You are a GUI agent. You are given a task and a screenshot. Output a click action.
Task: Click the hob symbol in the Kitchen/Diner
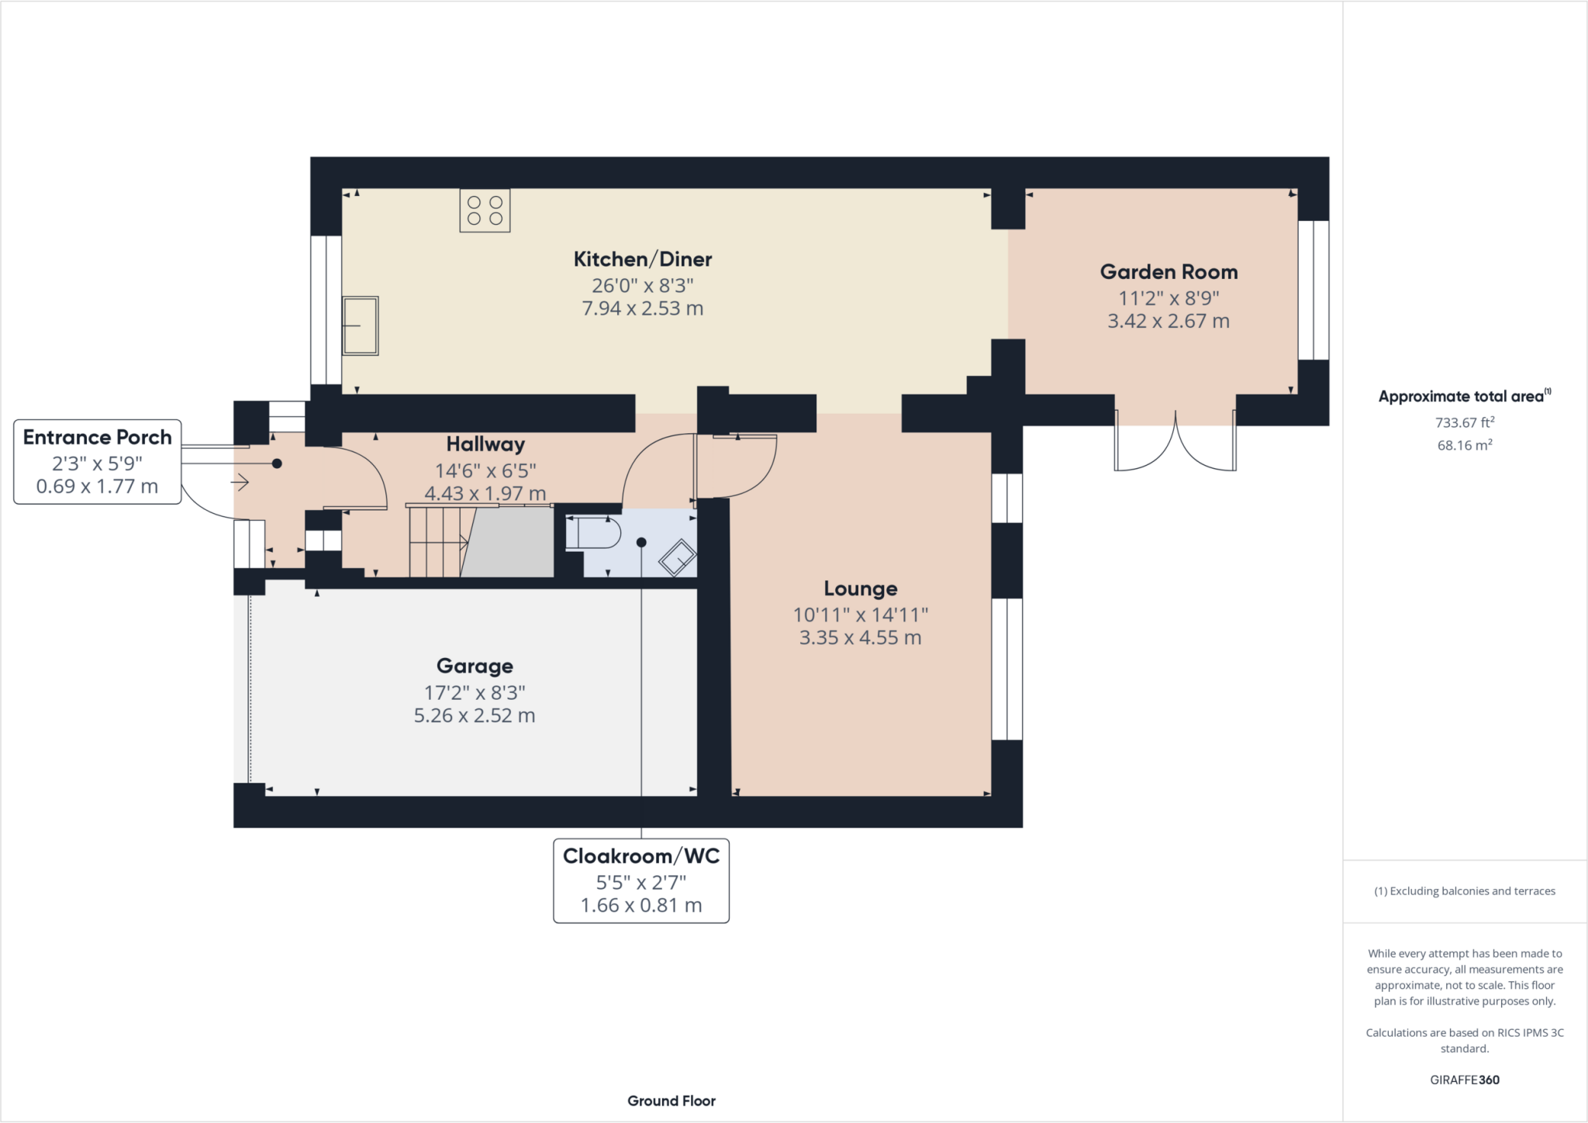click(x=485, y=211)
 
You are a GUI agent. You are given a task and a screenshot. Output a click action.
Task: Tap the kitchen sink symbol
click(x=361, y=326)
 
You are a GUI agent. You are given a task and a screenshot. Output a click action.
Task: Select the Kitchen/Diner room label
click(x=643, y=259)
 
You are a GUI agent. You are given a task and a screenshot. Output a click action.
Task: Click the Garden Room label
click(x=1169, y=272)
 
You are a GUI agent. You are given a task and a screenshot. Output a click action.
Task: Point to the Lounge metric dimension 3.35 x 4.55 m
click(x=861, y=638)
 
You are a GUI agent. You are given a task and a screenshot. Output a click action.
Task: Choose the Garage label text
click(x=475, y=666)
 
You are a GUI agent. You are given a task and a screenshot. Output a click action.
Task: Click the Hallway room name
click(x=485, y=444)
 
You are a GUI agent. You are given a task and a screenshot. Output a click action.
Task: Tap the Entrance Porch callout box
click(x=98, y=462)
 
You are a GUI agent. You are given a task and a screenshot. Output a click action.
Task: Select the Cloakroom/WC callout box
click(x=641, y=881)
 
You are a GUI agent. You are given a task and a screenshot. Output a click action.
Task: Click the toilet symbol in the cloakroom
click(x=594, y=532)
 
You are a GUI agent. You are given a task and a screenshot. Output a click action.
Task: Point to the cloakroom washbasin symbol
click(x=678, y=557)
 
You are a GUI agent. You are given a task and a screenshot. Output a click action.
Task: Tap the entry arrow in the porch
click(x=240, y=483)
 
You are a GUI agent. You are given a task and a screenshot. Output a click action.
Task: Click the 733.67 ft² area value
click(x=1465, y=422)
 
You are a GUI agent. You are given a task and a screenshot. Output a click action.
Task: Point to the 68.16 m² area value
click(x=1465, y=445)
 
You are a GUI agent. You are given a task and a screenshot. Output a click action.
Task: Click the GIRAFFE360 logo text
click(x=1465, y=1080)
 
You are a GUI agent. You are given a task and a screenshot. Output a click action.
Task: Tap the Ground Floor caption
click(x=671, y=1101)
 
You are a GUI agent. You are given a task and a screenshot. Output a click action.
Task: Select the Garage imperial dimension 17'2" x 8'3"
click(x=475, y=692)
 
